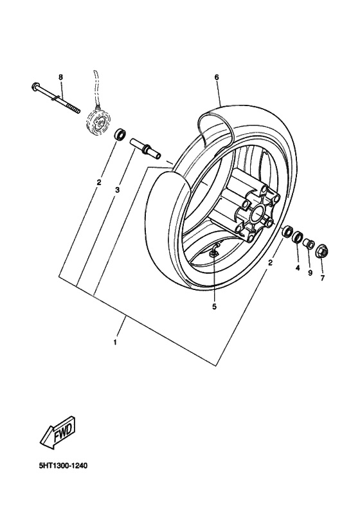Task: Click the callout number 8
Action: [61, 77]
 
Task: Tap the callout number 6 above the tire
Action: [217, 77]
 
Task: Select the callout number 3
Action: [118, 190]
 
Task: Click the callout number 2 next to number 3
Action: [99, 182]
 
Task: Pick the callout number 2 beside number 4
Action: [271, 262]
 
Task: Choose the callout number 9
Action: [310, 273]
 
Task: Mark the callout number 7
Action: [323, 278]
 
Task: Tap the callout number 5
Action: [214, 307]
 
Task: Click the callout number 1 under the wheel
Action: [115, 342]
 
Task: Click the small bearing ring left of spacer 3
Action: [120, 135]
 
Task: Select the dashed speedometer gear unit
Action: [96, 122]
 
